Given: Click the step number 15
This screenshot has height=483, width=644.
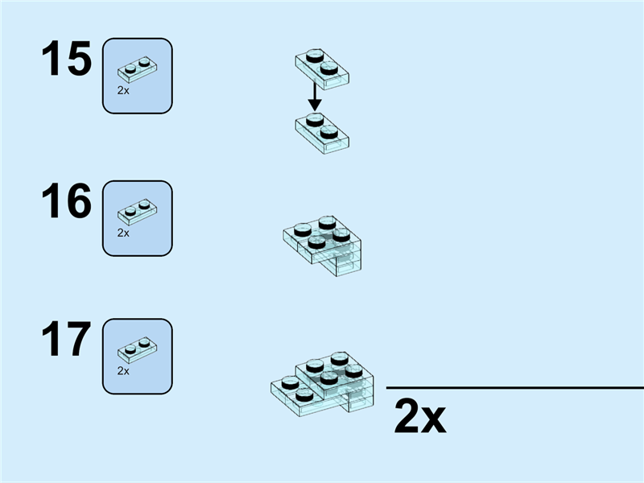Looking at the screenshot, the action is pyautogui.click(x=66, y=58).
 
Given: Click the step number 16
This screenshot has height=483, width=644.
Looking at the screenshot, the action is pyautogui.click(x=66, y=200).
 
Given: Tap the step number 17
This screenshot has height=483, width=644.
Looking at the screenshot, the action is pyautogui.click(x=66, y=339).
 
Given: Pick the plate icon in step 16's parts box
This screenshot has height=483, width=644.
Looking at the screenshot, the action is pyautogui.click(x=137, y=213).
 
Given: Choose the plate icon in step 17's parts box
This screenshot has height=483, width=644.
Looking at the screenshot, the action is pyautogui.click(x=137, y=350).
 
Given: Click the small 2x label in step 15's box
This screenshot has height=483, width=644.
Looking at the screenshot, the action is pyautogui.click(x=123, y=91).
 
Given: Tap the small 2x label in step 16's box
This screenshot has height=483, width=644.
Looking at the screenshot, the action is pyautogui.click(x=123, y=233).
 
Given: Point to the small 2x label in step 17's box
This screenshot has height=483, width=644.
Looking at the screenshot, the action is pyautogui.click(x=123, y=371).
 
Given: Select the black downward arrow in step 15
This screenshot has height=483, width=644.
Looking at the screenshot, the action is pyautogui.click(x=315, y=96).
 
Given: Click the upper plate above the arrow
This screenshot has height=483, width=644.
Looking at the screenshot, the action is pyautogui.click(x=322, y=68).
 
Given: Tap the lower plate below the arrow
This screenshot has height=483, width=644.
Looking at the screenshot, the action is pyautogui.click(x=322, y=133).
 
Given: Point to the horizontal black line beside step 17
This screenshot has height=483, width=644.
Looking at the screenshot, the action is pyautogui.click(x=515, y=387).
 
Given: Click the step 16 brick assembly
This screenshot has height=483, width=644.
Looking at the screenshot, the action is pyautogui.click(x=323, y=246).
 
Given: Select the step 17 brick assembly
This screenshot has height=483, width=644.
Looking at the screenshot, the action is pyautogui.click(x=323, y=384).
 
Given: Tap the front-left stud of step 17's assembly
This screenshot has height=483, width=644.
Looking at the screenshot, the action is pyautogui.click(x=304, y=395).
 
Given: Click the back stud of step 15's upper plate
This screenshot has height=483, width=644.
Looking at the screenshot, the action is pyautogui.click(x=315, y=56).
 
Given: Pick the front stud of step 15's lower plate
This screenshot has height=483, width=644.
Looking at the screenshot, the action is pyautogui.click(x=329, y=132).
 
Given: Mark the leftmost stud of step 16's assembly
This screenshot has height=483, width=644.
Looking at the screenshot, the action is pyautogui.click(x=303, y=230).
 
